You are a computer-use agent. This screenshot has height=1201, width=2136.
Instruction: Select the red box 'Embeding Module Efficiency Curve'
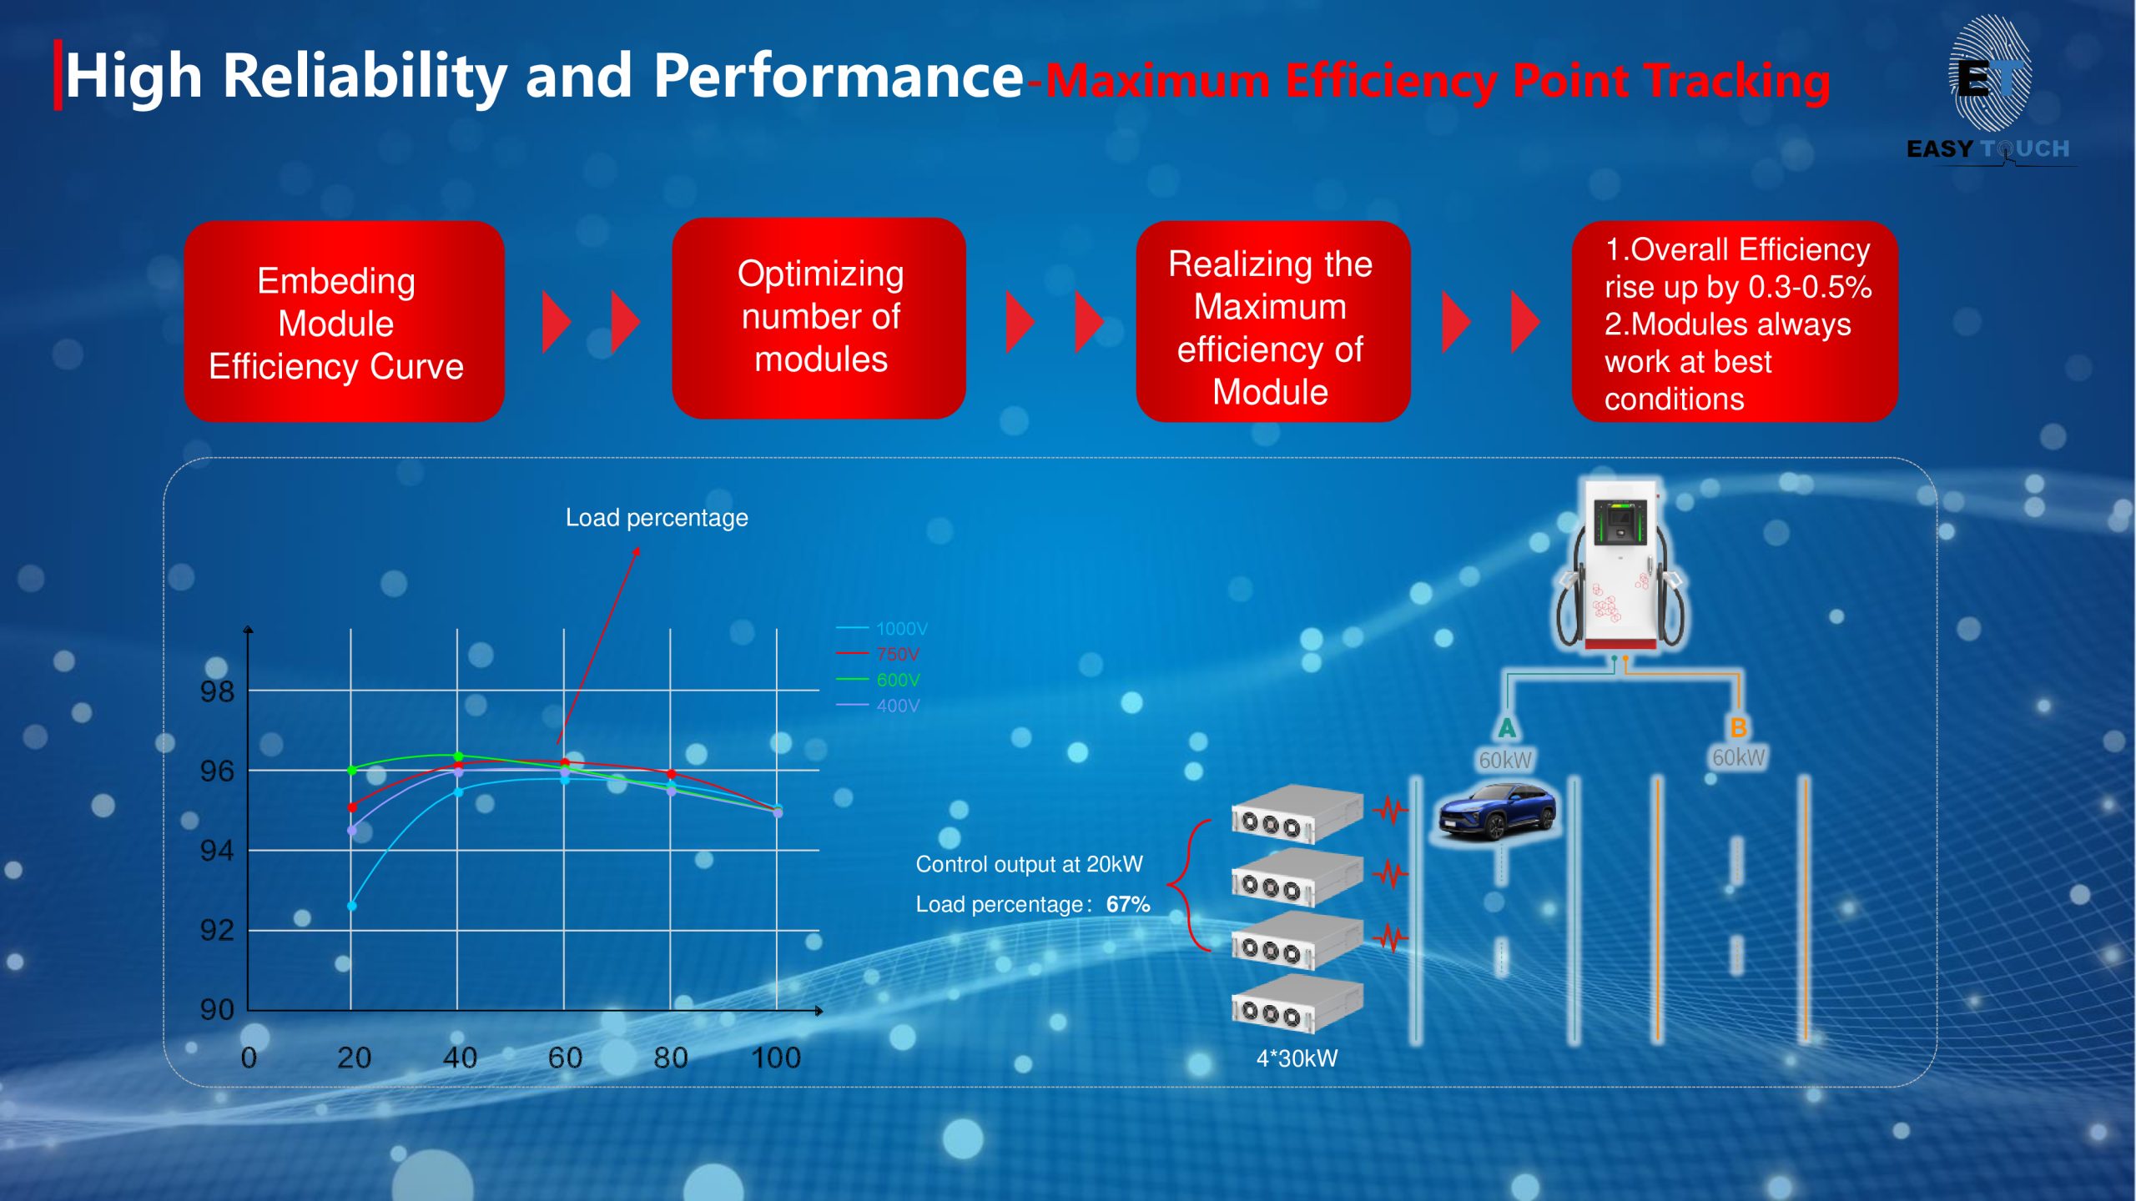point(344,321)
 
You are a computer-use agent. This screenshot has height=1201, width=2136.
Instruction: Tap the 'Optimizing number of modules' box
point(819,319)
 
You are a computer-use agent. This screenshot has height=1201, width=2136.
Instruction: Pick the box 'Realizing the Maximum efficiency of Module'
point(1272,321)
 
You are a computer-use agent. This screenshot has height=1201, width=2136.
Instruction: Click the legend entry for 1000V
point(881,628)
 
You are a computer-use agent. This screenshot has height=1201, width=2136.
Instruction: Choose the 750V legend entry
point(878,654)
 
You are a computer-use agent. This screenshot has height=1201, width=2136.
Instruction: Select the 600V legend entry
point(878,680)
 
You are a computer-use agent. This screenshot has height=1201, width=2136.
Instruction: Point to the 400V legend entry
point(878,706)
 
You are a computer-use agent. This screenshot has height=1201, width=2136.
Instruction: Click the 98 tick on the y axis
point(217,691)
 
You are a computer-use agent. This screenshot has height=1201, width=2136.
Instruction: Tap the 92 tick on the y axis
point(217,930)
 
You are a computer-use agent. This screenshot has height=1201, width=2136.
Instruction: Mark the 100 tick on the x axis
point(776,1058)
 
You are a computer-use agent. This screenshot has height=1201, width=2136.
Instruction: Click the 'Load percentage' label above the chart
point(657,518)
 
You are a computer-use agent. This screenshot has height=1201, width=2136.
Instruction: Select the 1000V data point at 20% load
point(352,906)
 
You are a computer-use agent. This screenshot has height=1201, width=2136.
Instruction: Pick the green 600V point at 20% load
point(352,770)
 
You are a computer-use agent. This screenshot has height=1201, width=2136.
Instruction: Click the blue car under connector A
point(1497,811)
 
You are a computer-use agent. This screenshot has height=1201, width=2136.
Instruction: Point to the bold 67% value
point(1128,904)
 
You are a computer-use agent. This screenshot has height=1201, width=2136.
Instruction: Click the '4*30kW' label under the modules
point(1297,1058)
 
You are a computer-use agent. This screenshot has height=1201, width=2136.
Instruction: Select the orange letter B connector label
point(1739,727)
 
